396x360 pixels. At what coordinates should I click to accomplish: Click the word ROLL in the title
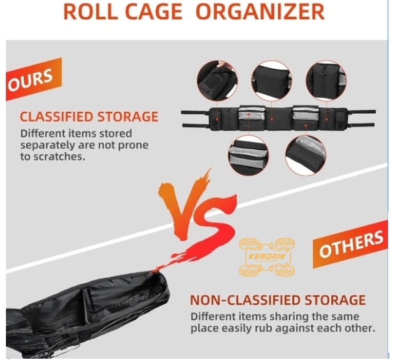(91, 12)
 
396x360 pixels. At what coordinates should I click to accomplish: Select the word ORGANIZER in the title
(260, 12)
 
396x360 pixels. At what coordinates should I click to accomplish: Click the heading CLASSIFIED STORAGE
(89, 116)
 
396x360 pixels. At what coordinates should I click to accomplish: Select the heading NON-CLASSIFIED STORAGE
(278, 300)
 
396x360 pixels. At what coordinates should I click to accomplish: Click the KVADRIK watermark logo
(267, 257)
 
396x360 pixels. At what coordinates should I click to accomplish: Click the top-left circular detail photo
(217, 81)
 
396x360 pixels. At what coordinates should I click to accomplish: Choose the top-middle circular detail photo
(272, 81)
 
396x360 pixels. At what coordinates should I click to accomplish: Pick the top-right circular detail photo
(326, 81)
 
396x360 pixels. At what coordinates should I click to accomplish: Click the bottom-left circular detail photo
(249, 156)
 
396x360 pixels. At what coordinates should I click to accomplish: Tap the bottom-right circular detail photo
(305, 156)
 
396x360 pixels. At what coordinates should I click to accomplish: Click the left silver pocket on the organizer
(251, 114)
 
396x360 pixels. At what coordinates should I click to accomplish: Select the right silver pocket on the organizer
(305, 114)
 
